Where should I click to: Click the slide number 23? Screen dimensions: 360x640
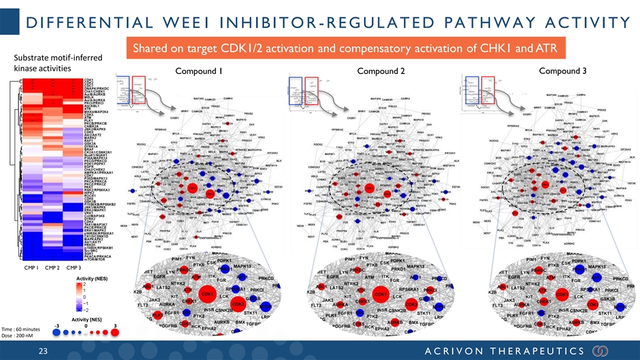(x=44, y=351)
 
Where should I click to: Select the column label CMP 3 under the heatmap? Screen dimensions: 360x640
(x=74, y=268)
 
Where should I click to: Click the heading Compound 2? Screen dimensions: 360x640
(x=381, y=72)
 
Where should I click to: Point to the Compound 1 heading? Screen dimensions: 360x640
(x=198, y=72)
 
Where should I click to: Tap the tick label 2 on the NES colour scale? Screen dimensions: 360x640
(x=85, y=284)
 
